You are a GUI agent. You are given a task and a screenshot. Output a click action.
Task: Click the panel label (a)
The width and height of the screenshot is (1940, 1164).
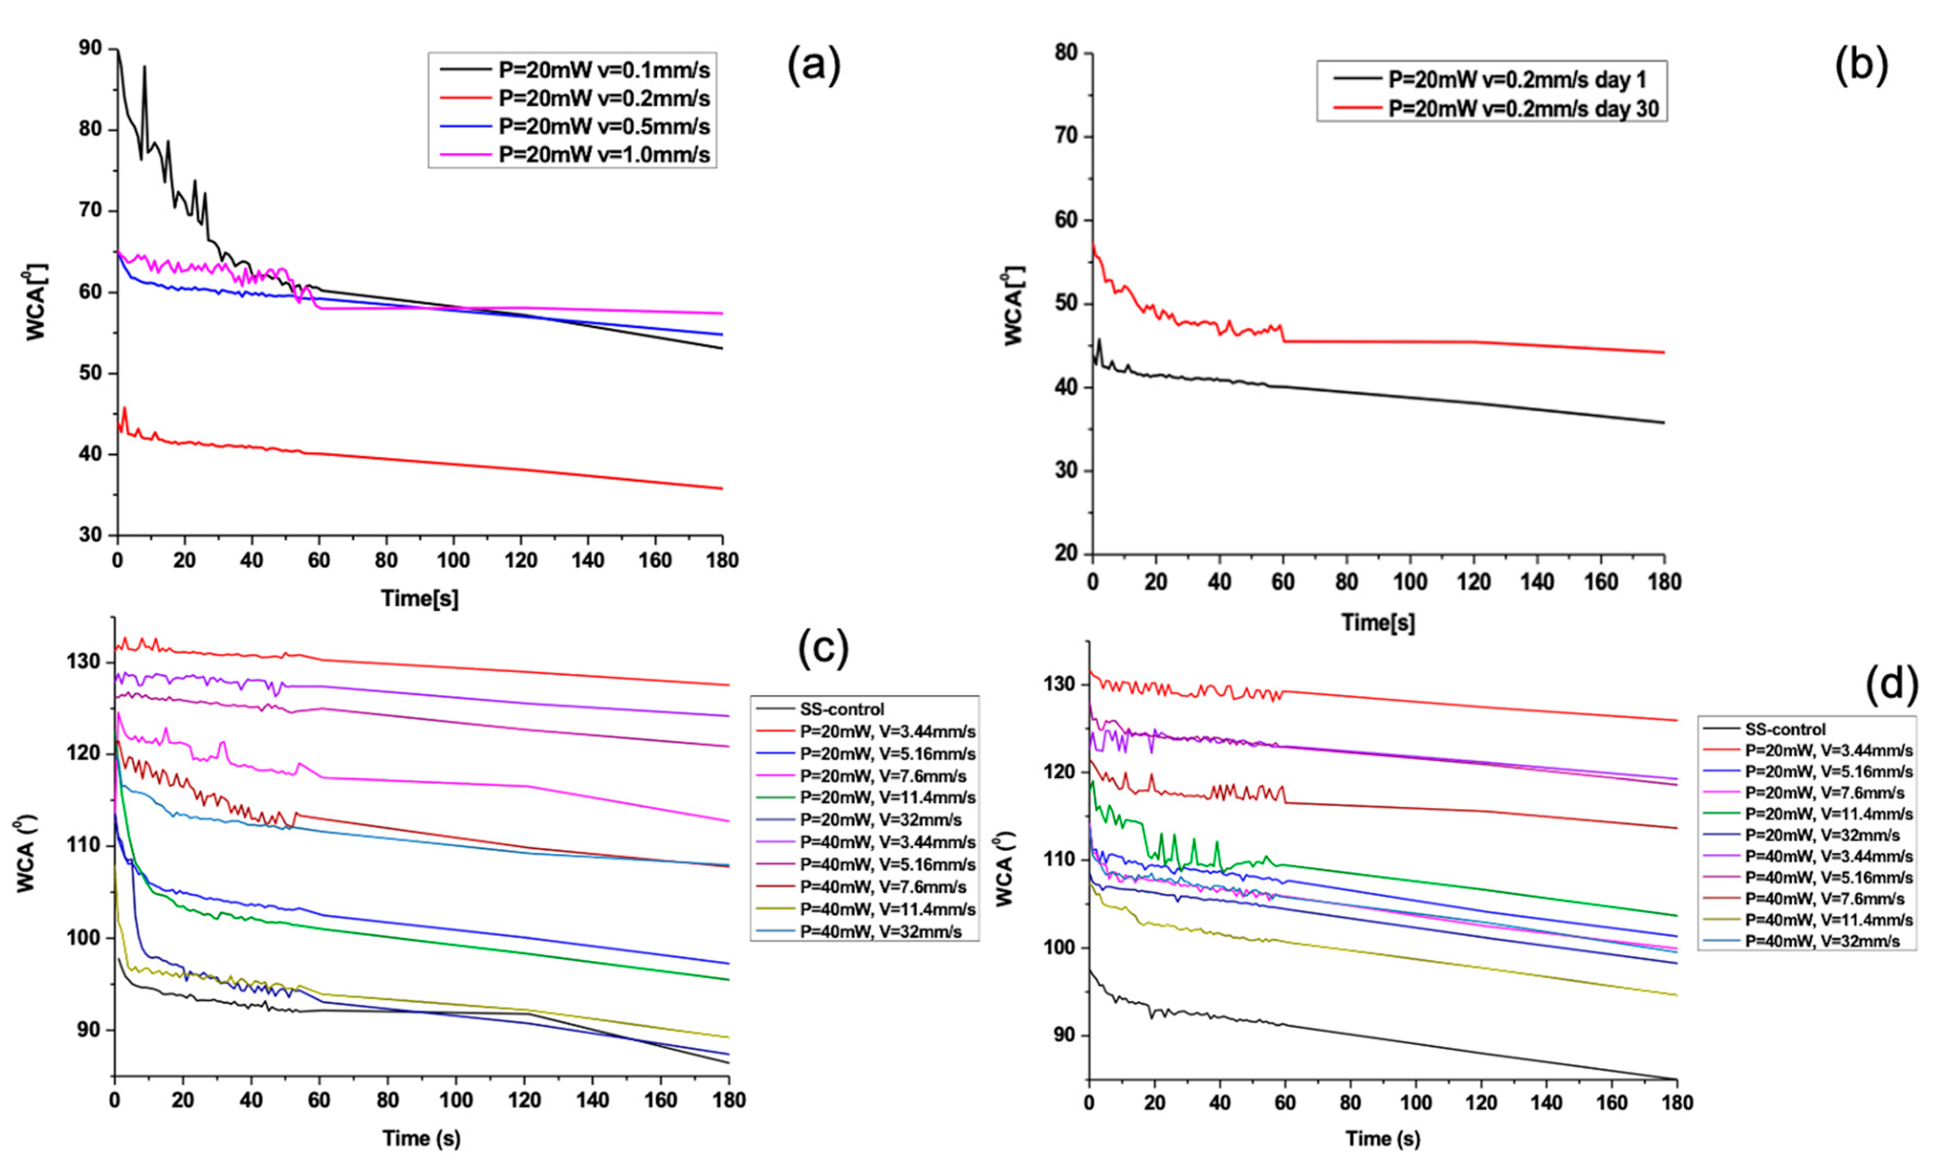814,66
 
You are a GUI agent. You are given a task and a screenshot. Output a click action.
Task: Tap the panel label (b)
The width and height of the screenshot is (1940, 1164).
1861,66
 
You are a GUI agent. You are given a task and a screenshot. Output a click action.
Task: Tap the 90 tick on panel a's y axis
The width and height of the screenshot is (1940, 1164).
91,49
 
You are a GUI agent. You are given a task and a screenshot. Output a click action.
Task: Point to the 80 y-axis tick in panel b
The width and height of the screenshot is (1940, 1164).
1066,53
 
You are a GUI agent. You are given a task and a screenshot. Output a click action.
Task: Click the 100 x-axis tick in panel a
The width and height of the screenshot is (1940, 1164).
453,560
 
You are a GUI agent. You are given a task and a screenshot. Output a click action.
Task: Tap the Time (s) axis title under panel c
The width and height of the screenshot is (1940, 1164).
421,1138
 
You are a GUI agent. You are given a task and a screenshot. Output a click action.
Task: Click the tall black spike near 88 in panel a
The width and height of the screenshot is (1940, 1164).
144,68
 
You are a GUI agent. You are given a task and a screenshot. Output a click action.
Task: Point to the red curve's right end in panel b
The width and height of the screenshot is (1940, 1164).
1663,352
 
